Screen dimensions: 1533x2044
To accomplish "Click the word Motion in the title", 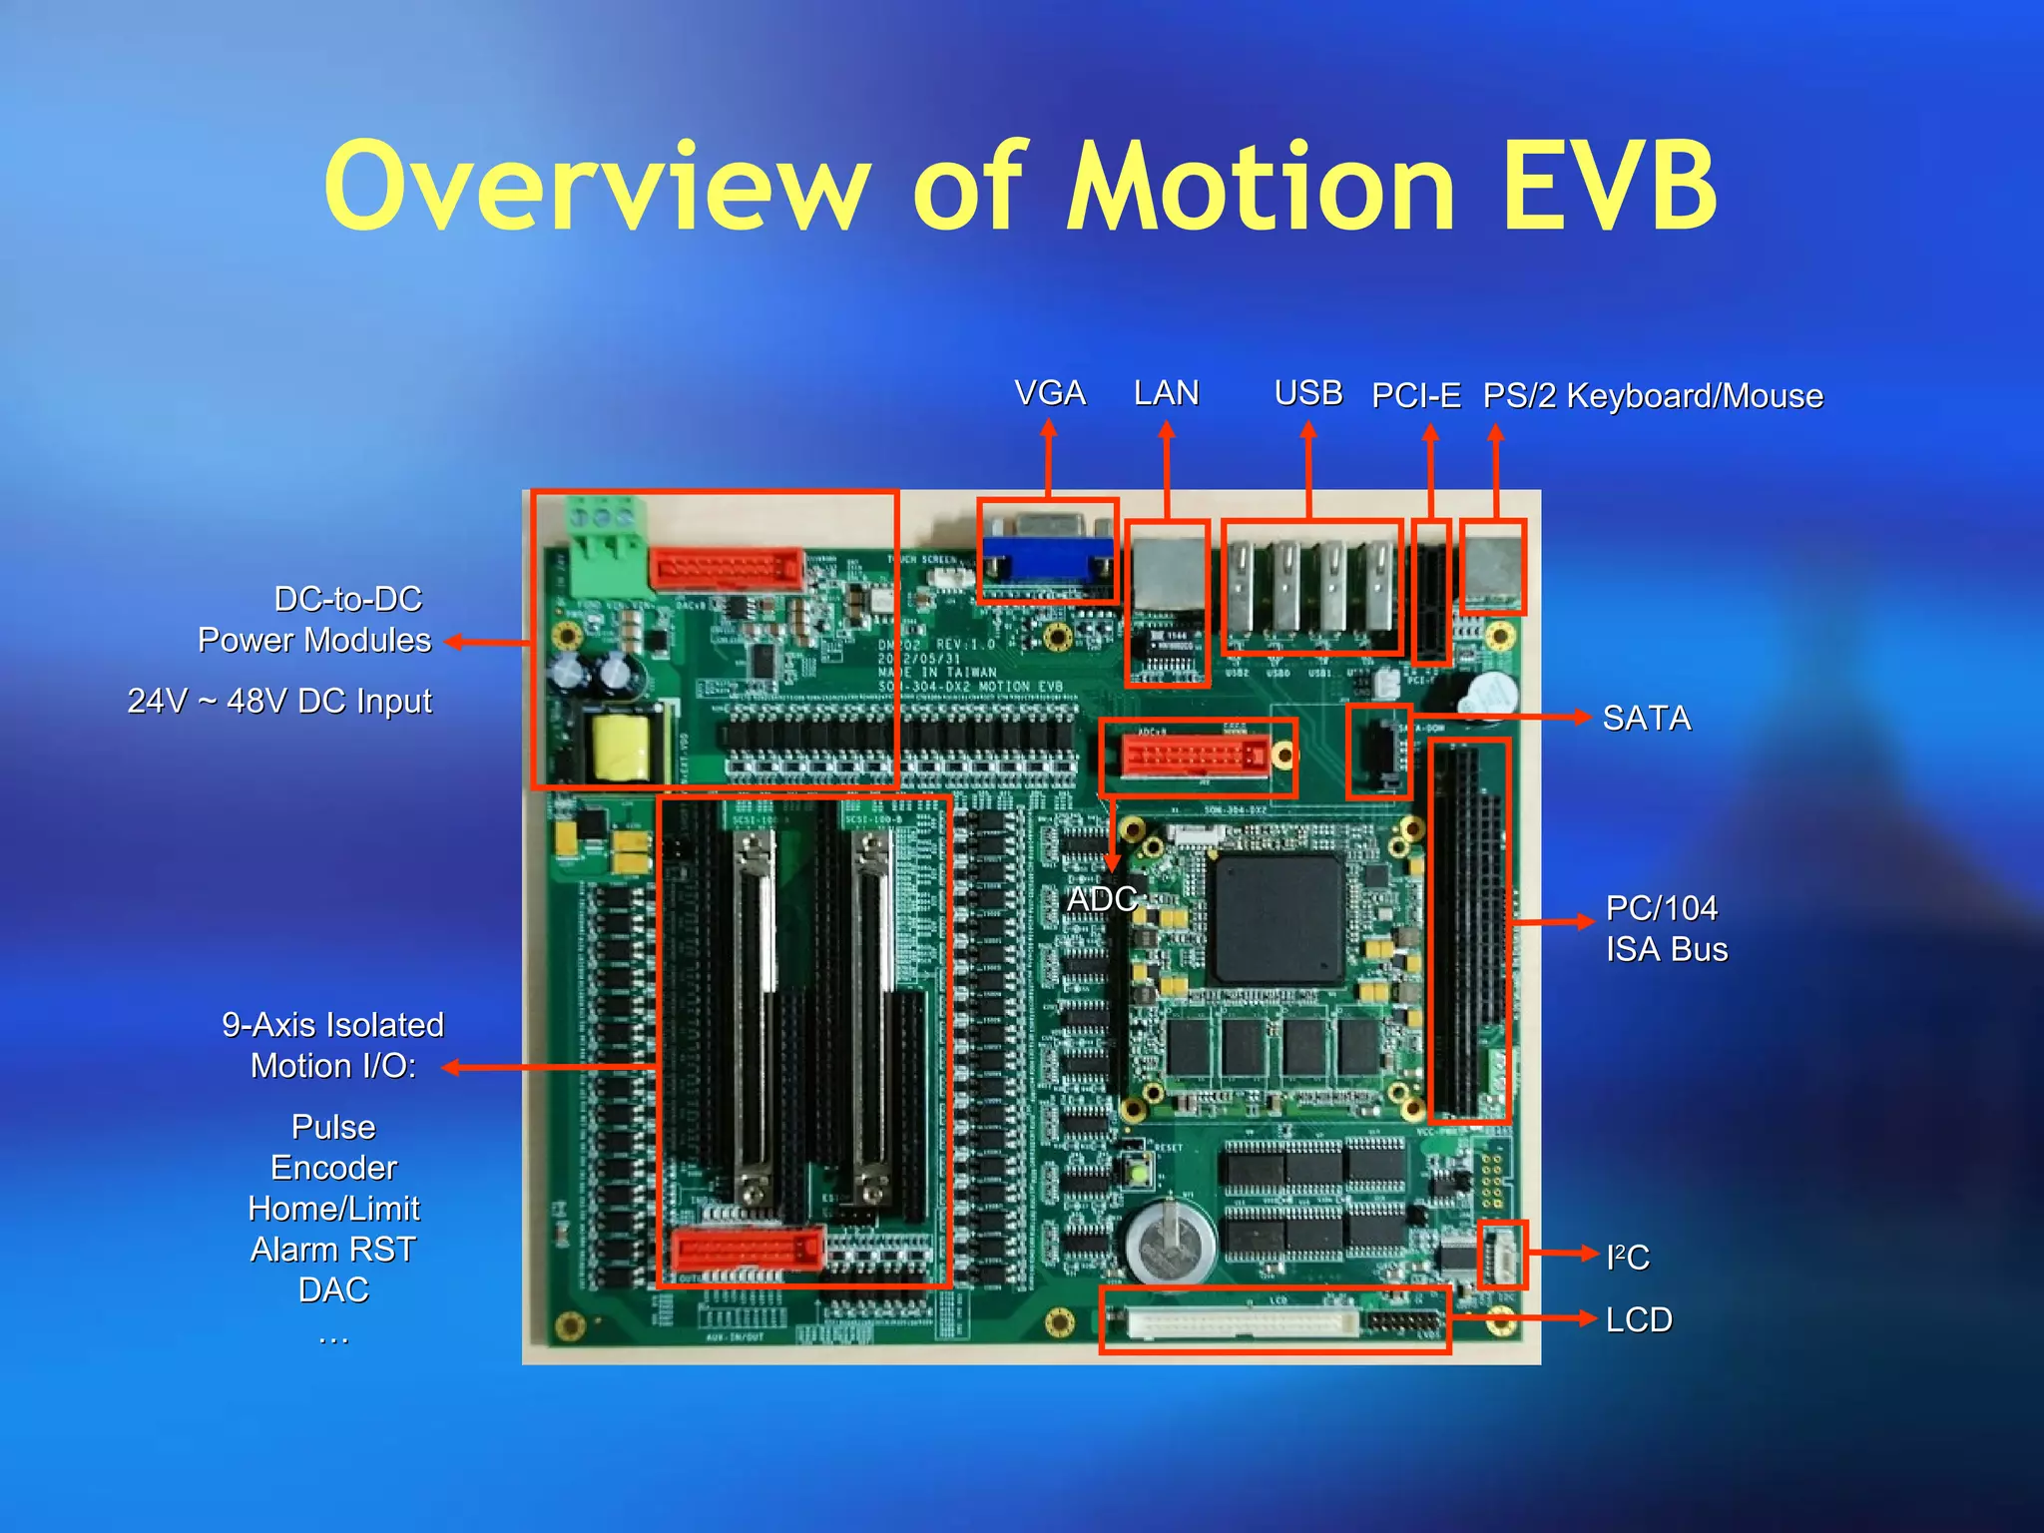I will [x=1262, y=188].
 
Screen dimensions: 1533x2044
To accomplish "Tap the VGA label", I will [x=1049, y=393].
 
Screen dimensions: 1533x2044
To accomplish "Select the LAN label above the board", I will [x=1166, y=393].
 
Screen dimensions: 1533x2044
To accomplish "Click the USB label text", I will [x=1307, y=393].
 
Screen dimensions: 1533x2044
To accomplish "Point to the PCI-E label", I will [x=1415, y=396].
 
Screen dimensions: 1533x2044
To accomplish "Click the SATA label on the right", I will [x=1646, y=719].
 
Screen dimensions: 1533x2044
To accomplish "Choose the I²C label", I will [x=1627, y=1257].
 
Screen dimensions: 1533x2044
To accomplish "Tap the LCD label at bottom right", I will [x=1638, y=1319].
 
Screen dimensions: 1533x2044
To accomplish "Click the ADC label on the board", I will [x=1102, y=899].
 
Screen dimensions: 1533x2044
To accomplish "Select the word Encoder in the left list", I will [x=333, y=1168].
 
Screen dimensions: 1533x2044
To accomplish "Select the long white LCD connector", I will [x=1243, y=1324].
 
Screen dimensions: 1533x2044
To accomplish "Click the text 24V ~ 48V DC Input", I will [x=279, y=702].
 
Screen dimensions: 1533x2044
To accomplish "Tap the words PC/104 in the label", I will [x=1661, y=908].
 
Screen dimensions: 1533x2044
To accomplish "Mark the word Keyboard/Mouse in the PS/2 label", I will [x=1695, y=396].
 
